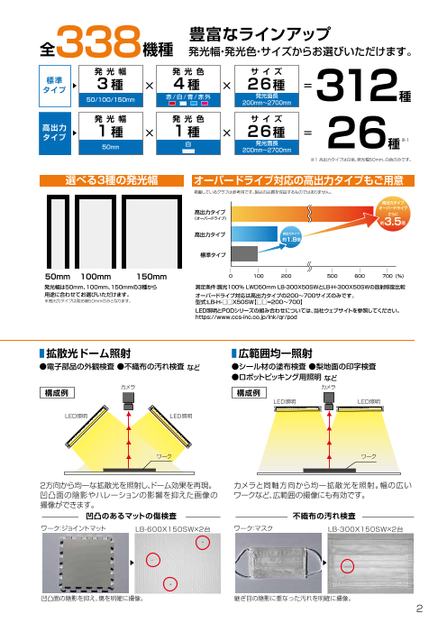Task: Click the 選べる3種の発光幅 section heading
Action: (x=113, y=182)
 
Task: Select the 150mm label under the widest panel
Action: (x=151, y=274)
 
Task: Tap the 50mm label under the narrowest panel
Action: (x=57, y=274)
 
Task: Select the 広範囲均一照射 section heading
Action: (x=276, y=354)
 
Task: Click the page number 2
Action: (x=419, y=608)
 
